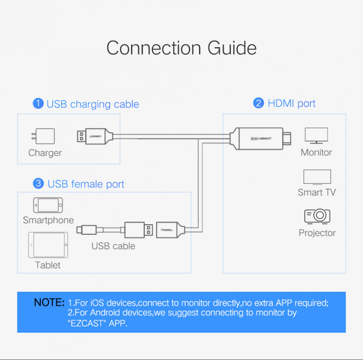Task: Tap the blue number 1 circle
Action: point(38,103)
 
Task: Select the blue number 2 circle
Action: point(258,103)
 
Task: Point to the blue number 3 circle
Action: point(39,183)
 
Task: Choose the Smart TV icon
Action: point(317,177)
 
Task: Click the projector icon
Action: point(317,216)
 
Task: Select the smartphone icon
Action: point(48,205)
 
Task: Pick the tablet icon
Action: point(48,245)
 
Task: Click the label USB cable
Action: point(113,246)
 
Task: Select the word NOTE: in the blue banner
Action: point(49,302)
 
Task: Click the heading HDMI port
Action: point(291,103)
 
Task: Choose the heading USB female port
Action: point(86,184)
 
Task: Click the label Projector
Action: point(317,233)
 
